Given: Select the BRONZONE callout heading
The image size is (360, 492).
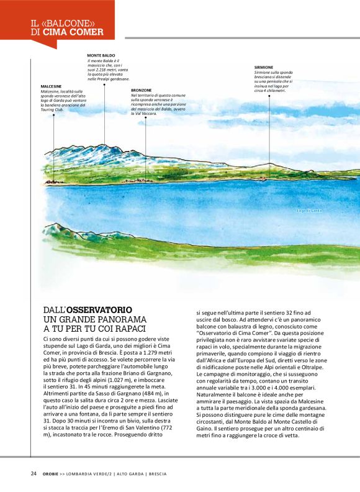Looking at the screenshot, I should [x=142, y=90].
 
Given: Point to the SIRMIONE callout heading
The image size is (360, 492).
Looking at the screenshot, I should [x=263, y=67].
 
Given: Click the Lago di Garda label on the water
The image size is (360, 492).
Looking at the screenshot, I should [x=308, y=211].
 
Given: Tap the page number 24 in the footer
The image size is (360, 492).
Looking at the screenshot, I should [x=34, y=473].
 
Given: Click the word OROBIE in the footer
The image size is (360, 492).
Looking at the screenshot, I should [x=51, y=473].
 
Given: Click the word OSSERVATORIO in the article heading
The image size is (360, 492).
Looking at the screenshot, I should [x=99, y=309].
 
